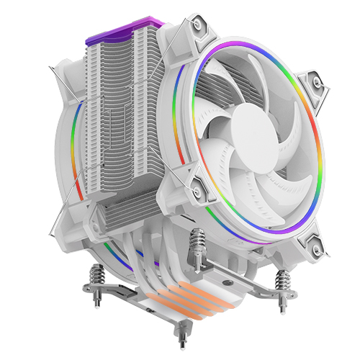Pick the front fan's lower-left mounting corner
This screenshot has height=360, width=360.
pos(196,181)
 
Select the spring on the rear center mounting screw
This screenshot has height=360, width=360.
pos(195,247)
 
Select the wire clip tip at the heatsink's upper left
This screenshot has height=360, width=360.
pos(50,69)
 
